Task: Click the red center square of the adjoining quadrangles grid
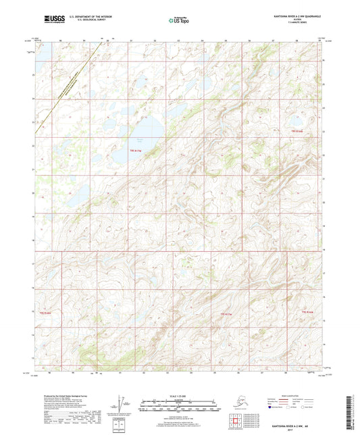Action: [x=236, y=423]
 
